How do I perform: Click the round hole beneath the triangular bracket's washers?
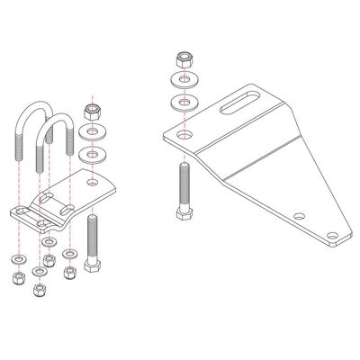[x=184, y=135]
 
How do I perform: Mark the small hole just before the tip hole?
[x=299, y=215]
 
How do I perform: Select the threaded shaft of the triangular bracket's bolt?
[x=184, y=184]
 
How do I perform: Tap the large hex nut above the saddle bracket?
[x=90, y=112]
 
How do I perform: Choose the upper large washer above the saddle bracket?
[x=90, y=133]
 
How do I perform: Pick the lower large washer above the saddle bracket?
[x=90, y=155]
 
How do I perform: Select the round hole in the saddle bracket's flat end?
[x=93, y=181]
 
